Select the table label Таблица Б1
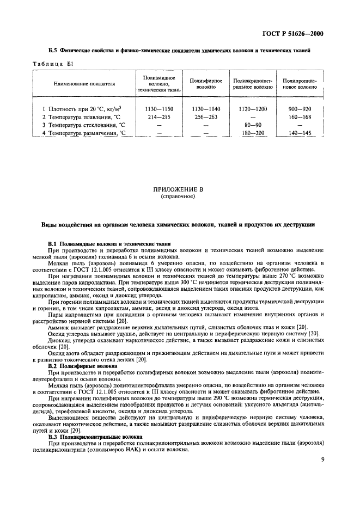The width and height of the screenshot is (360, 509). pyautogui.click(x=53, y=64)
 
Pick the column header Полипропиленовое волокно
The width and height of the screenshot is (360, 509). pyautogui.click(x=300, y=83)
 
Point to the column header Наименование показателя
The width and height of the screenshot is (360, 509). pyautogui.click(x=84, y=84)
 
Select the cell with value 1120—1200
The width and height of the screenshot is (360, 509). pyautogui.click(x=253, y=108)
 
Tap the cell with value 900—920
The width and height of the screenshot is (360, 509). pyautogui.click(x=300, y=108)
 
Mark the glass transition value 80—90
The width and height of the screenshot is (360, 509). pyautogui.click(x=253, y=125)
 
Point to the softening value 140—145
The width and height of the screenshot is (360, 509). pyautogui.click(x=300, y=133)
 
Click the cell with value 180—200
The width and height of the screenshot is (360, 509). pyautogui.click(x=253, y=133)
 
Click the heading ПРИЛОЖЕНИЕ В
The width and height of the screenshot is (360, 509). pyautogui.click(x=180, y=189)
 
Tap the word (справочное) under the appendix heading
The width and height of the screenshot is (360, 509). pyautogui.click(x=180, y=196)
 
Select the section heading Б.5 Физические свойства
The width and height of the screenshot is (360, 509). pyautogui.click(x=179, y=51)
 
